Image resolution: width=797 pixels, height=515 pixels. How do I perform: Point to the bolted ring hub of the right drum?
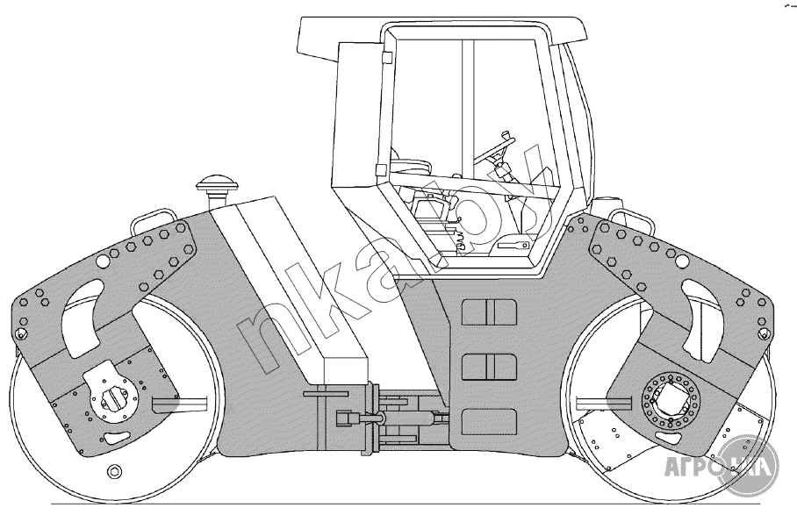pyautogui.click(x=675, y=398)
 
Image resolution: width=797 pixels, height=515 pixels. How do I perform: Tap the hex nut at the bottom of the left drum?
pyautogui.click(x=113, y=473)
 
